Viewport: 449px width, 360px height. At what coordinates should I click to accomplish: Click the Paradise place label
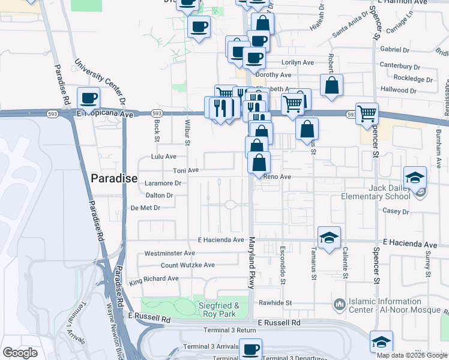pyautogui.click(x=114, y=179)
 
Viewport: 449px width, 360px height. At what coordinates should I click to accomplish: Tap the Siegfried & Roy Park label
pyautogui.click(x=218, y=310)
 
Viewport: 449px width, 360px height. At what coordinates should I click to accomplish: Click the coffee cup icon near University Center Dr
pyautogui.click(x=89, y=98)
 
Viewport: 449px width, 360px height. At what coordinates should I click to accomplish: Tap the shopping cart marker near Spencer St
pyautogui.click(x=367, y=112)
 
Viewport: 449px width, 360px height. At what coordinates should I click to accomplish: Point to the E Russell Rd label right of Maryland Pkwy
pyautogui.click(x=279, y=322)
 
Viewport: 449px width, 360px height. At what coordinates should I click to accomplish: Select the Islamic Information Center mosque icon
pyautogui.click(x=339, y=305)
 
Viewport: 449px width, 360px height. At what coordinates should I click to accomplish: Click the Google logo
pyautogui.click(x=20, y=353)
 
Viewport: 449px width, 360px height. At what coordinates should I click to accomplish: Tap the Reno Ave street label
pyautogui.click(x=277, y=177)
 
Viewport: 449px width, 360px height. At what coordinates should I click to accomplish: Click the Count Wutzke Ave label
pyautogui.click(x=187, y=265)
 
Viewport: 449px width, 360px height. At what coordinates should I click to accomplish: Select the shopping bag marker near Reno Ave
pyautogui.click(x=259, y=162)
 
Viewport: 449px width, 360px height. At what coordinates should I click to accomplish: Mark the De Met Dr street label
pyautogui.click(x=145, y=208)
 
